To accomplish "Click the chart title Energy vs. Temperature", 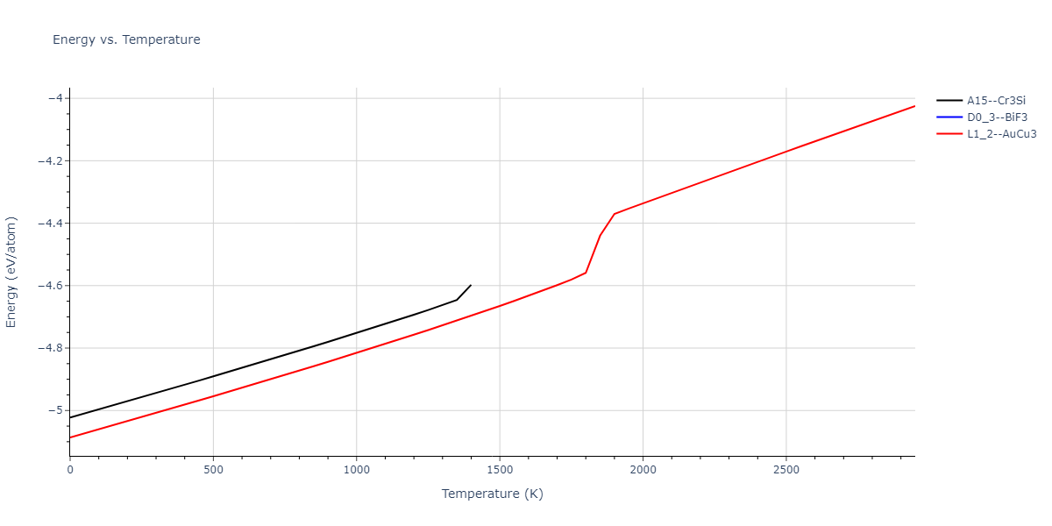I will (126, 39).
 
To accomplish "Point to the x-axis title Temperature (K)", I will (492, 494).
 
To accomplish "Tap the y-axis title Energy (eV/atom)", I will (12, 272).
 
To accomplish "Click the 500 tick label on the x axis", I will (213, 471).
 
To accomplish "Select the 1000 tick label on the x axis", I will (356, 471).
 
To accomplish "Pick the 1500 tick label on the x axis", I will (500, 471).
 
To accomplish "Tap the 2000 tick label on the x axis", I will (643, 471).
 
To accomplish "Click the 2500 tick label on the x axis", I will (785, 471).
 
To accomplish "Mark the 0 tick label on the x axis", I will (70, 471).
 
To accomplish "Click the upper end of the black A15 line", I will (471, 285).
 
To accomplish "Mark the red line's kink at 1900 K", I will (615, 214).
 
